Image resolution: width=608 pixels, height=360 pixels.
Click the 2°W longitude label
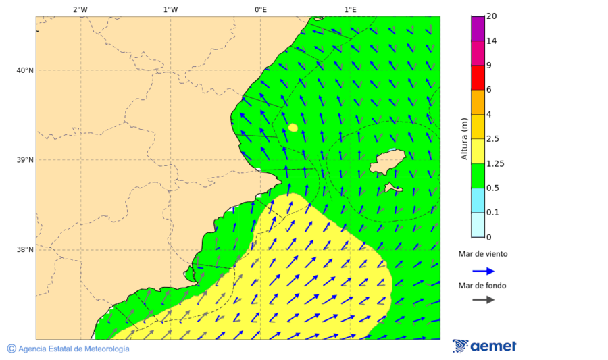tap(80, 9)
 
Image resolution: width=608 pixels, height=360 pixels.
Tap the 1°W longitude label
tap(170, 9)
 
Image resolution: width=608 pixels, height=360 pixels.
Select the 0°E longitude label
tap(260, 9)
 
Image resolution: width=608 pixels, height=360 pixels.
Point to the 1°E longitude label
tap(350, 9)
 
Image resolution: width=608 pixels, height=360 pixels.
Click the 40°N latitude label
tap(25, 70)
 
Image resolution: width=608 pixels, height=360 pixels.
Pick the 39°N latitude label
tap(25, 160)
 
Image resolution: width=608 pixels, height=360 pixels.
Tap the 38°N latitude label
tap(25, 250)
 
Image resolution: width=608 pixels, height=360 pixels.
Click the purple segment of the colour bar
tap(478, 28)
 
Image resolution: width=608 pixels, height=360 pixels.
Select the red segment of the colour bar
tap(478, 78)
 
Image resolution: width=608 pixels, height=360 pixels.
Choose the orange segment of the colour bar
tap(478, 102)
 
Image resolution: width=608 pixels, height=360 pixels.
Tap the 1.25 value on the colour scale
tap(495, 163)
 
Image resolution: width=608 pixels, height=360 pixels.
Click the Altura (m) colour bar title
tap(464, 138)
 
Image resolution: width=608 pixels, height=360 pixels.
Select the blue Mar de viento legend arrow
tap(483, 271)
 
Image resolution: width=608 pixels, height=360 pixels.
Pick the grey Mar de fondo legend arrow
tap(483, 300)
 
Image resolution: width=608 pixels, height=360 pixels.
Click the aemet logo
tap(484, 346)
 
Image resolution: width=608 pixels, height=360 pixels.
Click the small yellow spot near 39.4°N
tap(293, 127)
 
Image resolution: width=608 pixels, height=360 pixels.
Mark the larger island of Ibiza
tap(387, 161)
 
